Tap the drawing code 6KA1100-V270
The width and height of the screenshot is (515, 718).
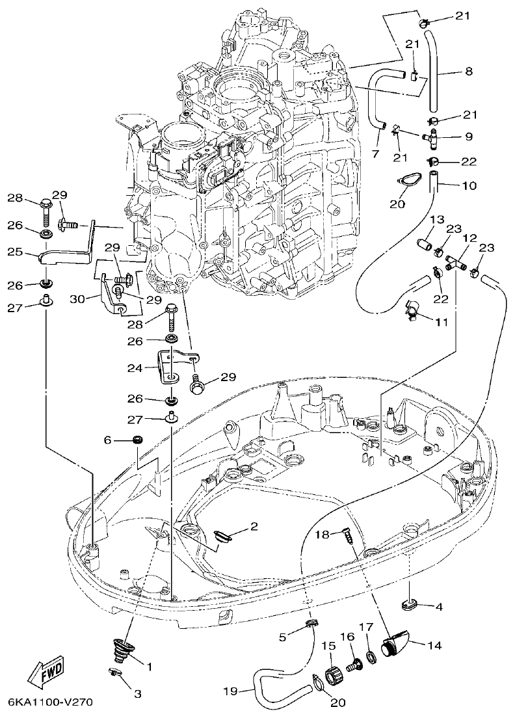coord(51,702)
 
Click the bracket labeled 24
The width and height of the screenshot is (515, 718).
coord(168,369)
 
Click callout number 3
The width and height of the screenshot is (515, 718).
coord(137,694)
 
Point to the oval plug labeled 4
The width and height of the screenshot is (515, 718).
coord(409,605)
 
